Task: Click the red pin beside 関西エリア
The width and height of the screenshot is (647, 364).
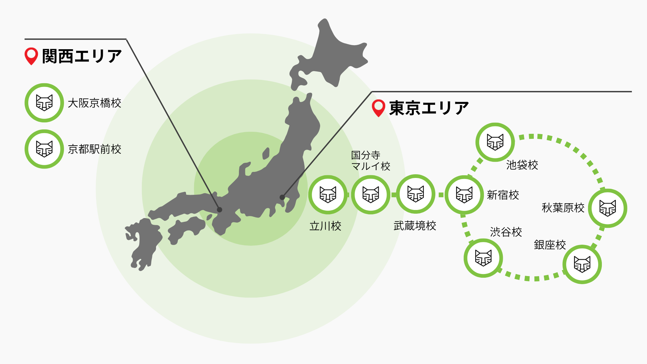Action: pyautogui.click(x=31, y=56)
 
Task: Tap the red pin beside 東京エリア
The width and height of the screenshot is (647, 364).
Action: pyautogui.click(x=378, y=108)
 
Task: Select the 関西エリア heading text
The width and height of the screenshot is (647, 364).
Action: pyautogui.click(x=82, y=56)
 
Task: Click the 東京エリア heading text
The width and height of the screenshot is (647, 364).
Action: pyautogui.click(x=429, y=108)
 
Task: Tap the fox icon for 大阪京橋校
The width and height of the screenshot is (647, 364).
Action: pyautogui.click(x=44, y=103)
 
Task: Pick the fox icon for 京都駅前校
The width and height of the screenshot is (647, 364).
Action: pyautogui.click(x=44, y=149)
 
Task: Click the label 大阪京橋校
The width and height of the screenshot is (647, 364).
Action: pyautogui.click(x=94, y=103)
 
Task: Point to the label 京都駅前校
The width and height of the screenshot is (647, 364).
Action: pyautogui.click(x=94, y=149)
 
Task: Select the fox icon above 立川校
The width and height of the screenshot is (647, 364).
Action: pyautogui.click(x=328, y=194)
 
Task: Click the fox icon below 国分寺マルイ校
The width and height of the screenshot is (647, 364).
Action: pyautogui.click(x=371, y=194)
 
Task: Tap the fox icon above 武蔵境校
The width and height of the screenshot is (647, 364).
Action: pyautogui.click(x=415, y=194)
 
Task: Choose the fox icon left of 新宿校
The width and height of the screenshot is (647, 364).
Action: pyautogui.click(x=464, y=194)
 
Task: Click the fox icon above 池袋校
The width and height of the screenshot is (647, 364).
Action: pyautogui.click(x=495, y=142)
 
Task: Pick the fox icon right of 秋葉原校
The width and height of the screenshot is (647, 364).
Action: pyautogui.click(x=608, y=208)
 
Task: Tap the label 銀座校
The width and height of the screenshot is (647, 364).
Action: pyautogui.click(x=550, y=245)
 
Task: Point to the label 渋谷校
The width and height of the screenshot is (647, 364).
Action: pyautogui.click(x=506, y=232)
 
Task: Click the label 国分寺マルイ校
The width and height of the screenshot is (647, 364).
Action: pyautogui.click(x=370, y=161)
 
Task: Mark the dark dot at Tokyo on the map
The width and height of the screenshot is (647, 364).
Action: pyautogui.click(x=282, y=197)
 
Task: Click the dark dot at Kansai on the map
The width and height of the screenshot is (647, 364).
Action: pyautogui.click(x=220, y=210)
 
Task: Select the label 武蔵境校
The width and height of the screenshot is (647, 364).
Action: pyautogui.click(x=415, y=226)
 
